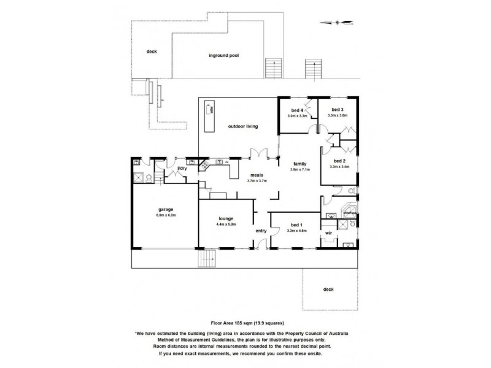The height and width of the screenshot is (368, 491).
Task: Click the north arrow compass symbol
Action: [337, 23]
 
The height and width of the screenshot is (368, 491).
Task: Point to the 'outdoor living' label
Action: [242, 126]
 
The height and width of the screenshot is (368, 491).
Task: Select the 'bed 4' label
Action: [297, 110]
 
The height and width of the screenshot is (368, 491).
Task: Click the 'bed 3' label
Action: [338, 110]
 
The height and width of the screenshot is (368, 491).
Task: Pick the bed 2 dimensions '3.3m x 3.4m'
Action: [339, 166]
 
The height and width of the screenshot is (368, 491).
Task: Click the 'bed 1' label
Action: [296, 225]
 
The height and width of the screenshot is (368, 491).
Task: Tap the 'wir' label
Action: [328, 233]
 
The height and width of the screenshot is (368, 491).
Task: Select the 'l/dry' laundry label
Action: [182, 168]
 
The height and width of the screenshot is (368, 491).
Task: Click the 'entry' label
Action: [261, 231]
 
